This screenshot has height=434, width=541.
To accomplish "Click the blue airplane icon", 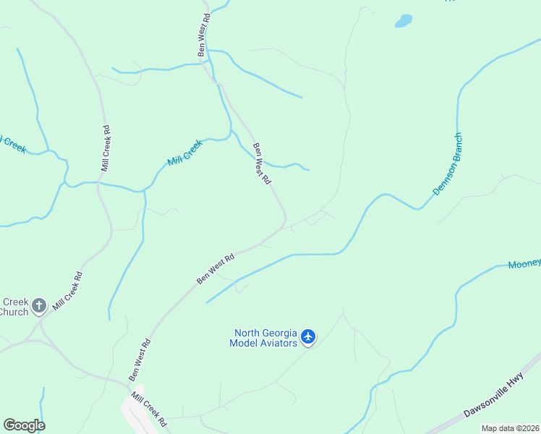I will click(309, 336).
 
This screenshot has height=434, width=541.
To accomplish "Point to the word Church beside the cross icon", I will click(12, 312).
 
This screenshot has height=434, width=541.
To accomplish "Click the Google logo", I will click(24, 425).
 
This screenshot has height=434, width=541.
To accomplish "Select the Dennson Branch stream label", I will click(447, 163).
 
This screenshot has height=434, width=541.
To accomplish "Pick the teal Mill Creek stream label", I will click(185, 153).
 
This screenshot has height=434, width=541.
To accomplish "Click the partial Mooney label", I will click(524, 264).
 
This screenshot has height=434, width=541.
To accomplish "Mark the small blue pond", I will click(403, 21).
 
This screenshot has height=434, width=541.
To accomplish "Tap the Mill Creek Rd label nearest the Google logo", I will click(149, 409).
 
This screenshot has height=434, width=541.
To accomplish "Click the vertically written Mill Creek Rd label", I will click(106, 148).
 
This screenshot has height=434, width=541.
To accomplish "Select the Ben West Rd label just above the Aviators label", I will click(216, 268).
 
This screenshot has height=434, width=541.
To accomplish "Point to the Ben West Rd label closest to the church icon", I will click(139, 360).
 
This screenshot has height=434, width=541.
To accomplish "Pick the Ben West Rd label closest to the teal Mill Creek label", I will click(261, 163).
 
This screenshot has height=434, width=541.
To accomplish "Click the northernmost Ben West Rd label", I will click(205, 35).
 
